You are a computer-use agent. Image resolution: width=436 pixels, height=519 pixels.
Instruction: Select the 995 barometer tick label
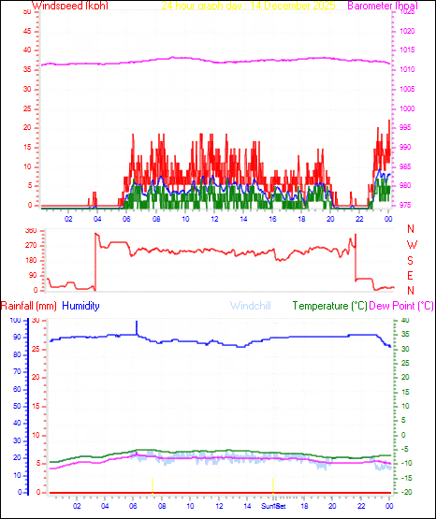(409, 128)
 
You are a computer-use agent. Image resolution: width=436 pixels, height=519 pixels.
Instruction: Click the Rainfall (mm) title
(29, 306)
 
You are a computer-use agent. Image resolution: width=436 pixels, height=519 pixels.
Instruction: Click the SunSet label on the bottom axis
(274, 506)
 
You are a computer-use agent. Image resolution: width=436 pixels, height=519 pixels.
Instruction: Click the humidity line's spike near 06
(137, 323)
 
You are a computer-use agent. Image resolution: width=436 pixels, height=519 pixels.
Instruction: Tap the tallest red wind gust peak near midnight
(389, 121)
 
